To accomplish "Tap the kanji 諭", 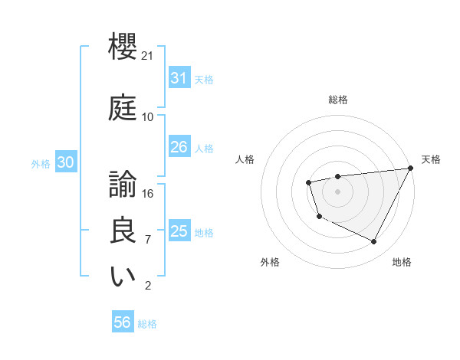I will click(x=123, y=184).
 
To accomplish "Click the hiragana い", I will click(x=123, y=277).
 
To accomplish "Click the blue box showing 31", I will click(x=179, y=78).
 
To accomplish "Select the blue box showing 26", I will click(x=179, y=147).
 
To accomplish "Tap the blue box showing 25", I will click(x=179, y=231).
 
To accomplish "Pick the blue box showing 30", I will click(x=65, y=162).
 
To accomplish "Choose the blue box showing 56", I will click(x=122, y=323).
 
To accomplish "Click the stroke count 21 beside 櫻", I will click(x=148, y=57).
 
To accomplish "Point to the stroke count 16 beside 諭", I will click(x=148, y=193).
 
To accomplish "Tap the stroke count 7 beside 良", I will click(x=148, y=240).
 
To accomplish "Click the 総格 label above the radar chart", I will click(x=337, y=100).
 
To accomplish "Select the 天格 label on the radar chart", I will click(x=431, y=159).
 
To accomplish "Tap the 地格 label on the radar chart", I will click(x=402, y=262).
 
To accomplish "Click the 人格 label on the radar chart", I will click(x=245, y=159).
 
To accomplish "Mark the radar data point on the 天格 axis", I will click(x=410, y=168).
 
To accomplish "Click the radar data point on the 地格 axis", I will click(x=374, y=242).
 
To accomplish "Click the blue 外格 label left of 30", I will click(x=40, y=163).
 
